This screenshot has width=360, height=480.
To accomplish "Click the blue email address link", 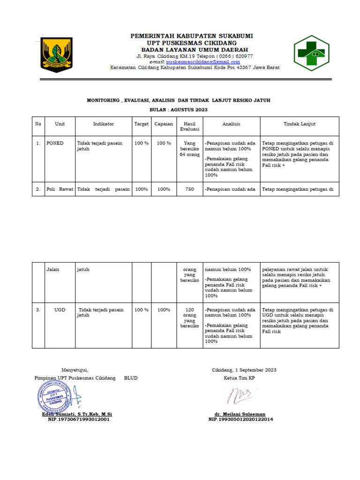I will coord(203,62).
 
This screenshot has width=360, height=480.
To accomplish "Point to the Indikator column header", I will coord(103,124).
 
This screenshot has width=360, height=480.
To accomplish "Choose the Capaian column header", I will coord(164,124).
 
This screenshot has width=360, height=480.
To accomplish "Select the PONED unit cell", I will coord(55,143).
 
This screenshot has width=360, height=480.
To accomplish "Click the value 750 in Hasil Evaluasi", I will coord(189,189).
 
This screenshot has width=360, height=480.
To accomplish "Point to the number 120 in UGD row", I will coord(189,310).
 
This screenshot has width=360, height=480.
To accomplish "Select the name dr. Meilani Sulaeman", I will coord(240,414).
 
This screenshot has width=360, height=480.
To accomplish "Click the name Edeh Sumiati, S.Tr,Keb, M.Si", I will coord(77,414).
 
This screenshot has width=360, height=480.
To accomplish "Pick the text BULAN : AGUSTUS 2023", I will coord(178,109).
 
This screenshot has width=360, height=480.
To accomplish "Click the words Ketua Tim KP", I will coord(239,378).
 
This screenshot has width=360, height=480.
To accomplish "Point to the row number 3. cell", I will coord(38,310).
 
